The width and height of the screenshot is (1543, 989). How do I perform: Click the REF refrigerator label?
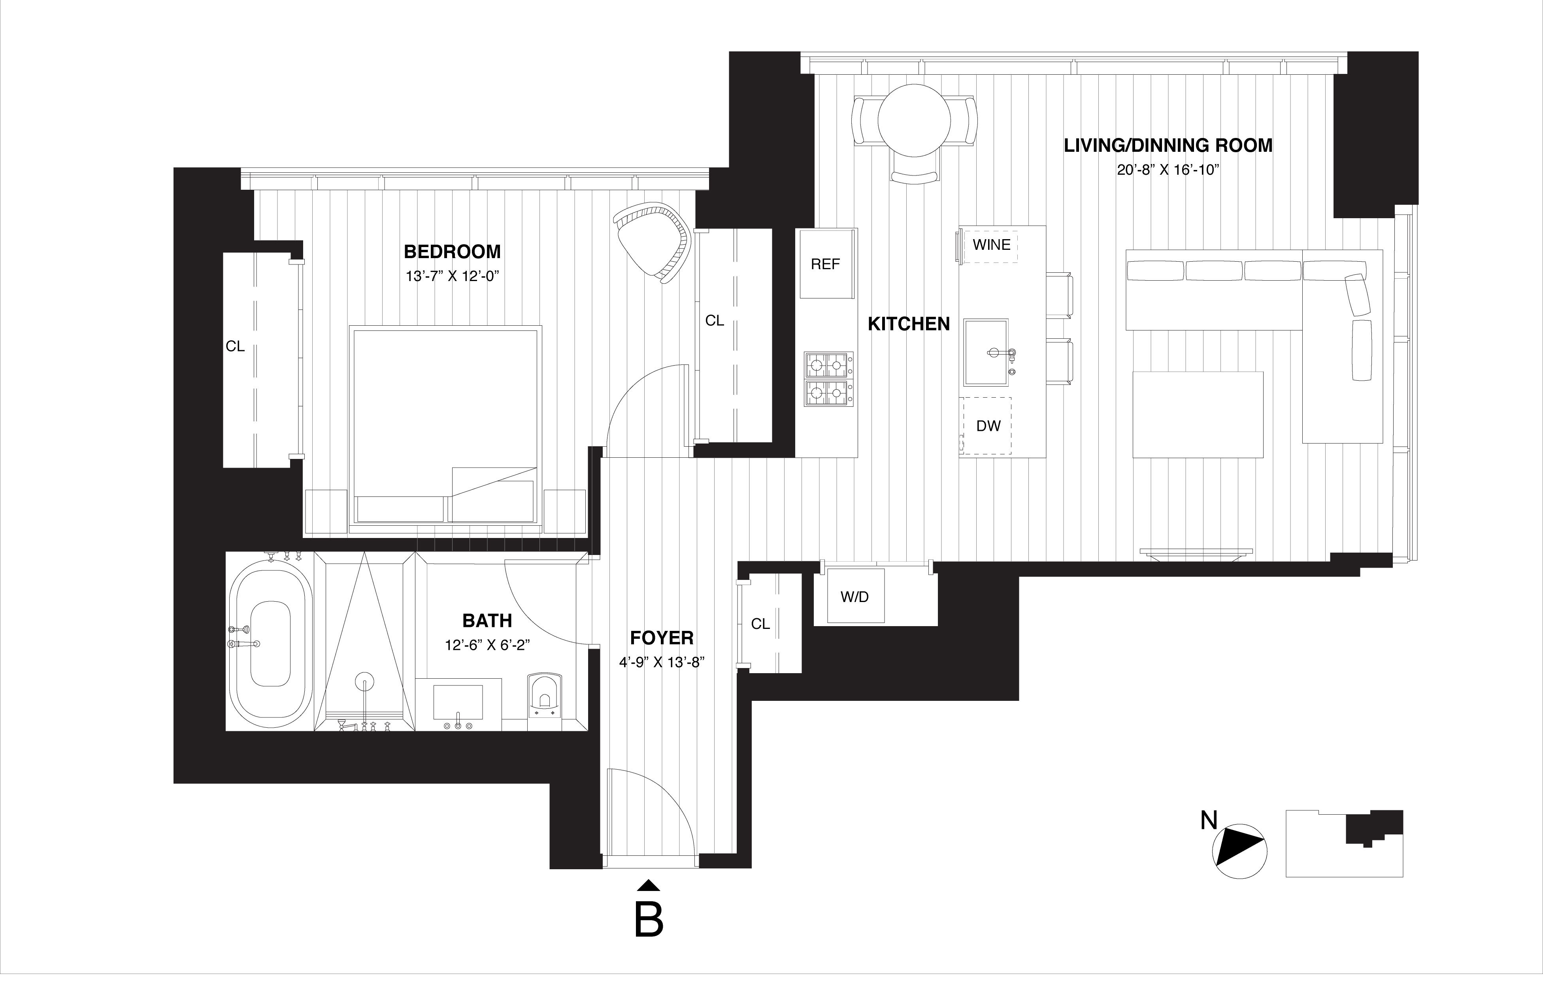[825, 264]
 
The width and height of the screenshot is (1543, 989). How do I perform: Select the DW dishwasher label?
[988, 426]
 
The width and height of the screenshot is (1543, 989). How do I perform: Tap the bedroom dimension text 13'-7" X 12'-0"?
[452, 276]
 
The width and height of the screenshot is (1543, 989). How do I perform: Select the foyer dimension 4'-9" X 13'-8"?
[661, 662]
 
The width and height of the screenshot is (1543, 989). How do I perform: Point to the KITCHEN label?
[909, 324]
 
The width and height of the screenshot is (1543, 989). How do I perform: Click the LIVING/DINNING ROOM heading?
[1168, 146]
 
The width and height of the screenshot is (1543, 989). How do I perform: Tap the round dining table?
[914, 121]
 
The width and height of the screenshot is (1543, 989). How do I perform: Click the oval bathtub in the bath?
[270, 644]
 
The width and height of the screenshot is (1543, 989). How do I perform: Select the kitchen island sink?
[986, 351]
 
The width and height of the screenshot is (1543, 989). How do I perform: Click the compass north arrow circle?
[1239, 851]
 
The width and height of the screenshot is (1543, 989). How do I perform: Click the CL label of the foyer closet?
[760, 624]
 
